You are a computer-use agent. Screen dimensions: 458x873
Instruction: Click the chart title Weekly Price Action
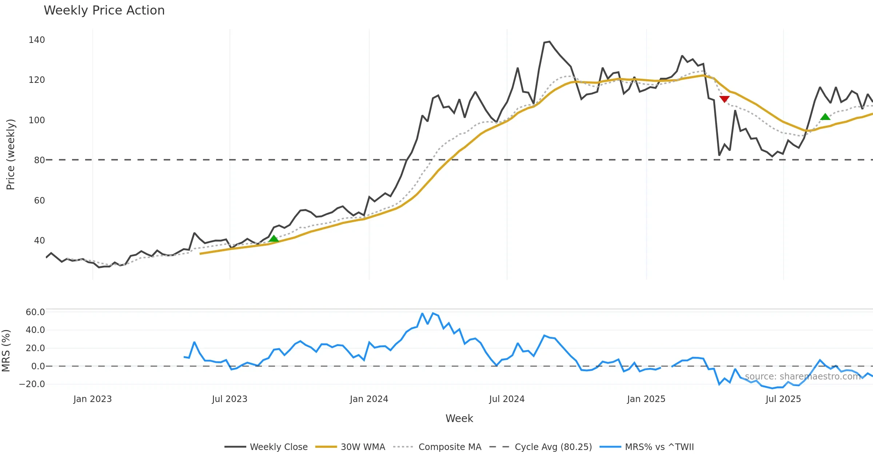coord(104,11)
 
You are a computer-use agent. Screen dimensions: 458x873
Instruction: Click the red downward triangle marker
coord(724,99)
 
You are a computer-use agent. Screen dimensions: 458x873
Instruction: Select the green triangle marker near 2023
coord(274,239)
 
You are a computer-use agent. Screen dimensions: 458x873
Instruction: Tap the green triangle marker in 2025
coord(825,117)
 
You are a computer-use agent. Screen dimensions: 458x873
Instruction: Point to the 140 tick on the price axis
coord(37,40)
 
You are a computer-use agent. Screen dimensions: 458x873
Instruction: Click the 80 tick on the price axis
coord(39,160)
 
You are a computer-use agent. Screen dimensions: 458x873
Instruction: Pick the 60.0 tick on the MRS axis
coord(35,312)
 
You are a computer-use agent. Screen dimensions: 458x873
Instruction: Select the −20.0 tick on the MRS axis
coord(32,384)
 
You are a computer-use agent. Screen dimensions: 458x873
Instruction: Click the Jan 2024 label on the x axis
coord(369,399)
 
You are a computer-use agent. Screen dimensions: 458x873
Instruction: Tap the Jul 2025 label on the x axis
coord(783,399)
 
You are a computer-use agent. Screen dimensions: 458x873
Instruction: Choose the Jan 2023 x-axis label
coord(92,399)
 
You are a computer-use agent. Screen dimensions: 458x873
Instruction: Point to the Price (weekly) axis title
coord(11,154)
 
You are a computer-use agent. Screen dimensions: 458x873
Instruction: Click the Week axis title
coord(459,419)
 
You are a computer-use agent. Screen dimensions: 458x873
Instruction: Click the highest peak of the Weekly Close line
coord(549,42)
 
